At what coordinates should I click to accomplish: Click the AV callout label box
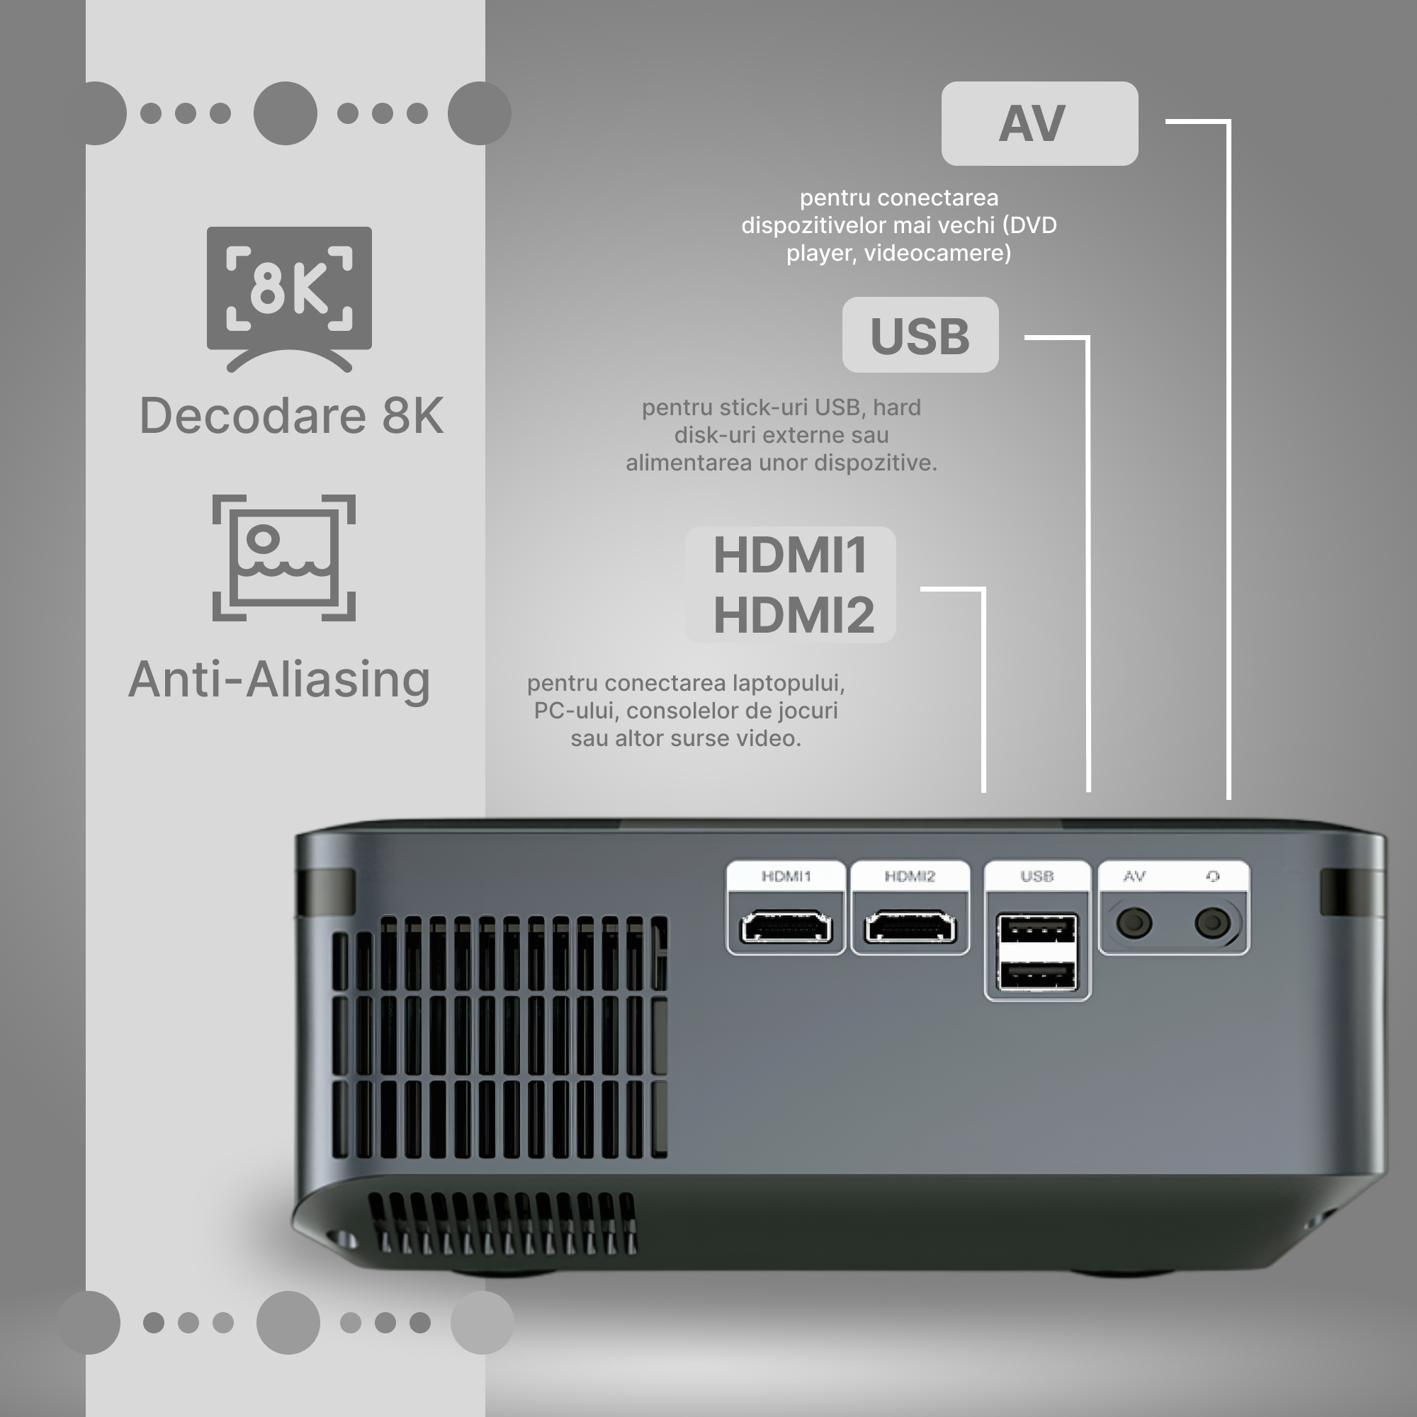point(1039,123)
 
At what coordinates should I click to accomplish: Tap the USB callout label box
point(920,335)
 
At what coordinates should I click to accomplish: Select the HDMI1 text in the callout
point(791,555)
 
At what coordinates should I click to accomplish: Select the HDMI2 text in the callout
point(794,614)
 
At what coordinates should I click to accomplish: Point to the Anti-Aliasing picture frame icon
point(284,558)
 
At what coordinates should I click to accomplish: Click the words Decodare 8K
point(291,415)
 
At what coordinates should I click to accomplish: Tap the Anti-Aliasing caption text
point(279,679)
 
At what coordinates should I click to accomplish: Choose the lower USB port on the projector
point(1037,976)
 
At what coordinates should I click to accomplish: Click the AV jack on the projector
point(1134,922)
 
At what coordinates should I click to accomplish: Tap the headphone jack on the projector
point(1212,922)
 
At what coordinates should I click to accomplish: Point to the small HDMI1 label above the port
point(786,876)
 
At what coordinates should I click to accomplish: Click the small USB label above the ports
point(1037,876)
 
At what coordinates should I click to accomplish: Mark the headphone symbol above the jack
point(1213,876)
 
